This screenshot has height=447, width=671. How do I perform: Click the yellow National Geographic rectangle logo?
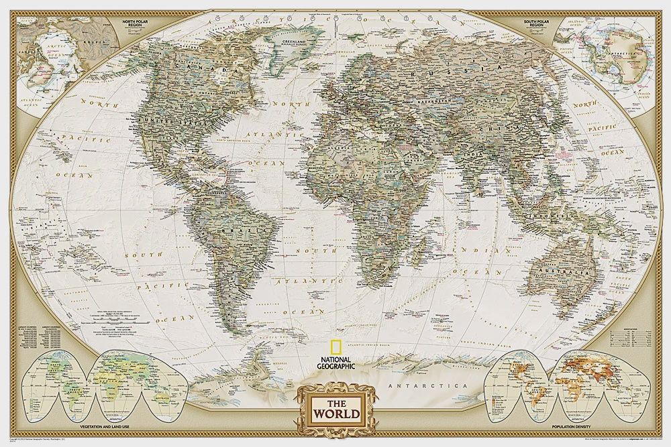coord(333,347)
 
